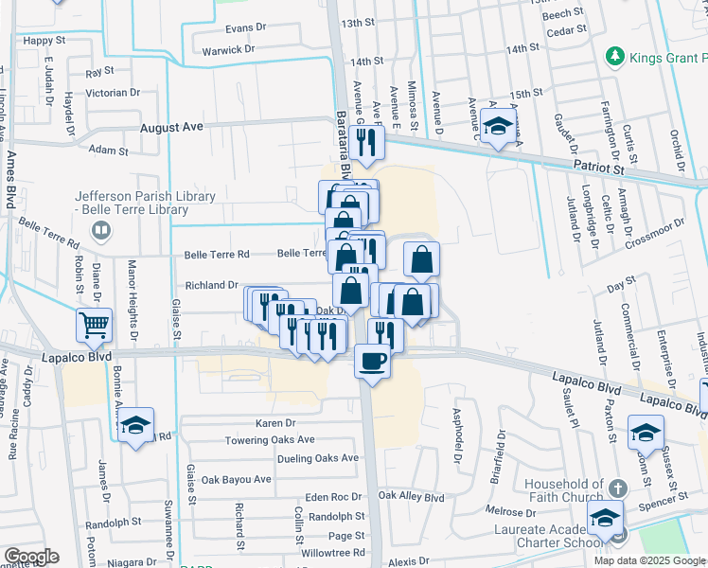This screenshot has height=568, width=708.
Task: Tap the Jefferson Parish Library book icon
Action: tap(99, 230)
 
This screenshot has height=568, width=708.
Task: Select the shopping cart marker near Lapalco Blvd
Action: tap(95, 326)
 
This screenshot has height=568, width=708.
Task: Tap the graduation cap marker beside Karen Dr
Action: tap(136, 427)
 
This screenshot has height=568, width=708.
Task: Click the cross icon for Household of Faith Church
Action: tap(617, 488)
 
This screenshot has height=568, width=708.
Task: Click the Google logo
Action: tap(31, 557)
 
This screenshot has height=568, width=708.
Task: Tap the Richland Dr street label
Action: tap(210, 285)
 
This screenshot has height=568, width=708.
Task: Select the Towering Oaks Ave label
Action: tap(269, 440)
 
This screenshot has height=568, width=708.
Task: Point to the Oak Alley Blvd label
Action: tap(411, 497)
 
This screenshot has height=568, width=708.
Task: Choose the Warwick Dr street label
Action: tap(224, 48)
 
